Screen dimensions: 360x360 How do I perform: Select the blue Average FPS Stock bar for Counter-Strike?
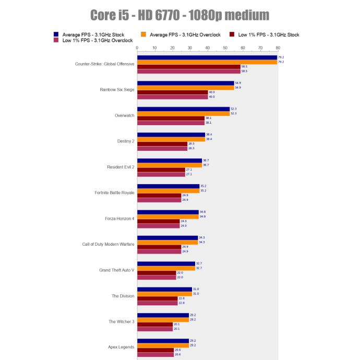(207, 57)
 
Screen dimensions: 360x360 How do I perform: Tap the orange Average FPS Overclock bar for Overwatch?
(183, 113)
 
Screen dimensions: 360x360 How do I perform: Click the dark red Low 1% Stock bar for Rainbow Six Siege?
(172, 92)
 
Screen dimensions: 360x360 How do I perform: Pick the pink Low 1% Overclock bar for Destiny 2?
(162, 148)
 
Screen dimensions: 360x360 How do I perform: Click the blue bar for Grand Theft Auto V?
(166, 263)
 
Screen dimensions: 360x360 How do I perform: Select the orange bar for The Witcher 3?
(163, 320)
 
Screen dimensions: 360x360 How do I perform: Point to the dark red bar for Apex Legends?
(155, 350)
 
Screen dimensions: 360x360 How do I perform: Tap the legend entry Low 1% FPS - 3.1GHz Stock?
(268, 34)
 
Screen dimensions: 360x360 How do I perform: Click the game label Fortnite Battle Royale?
(114, 193)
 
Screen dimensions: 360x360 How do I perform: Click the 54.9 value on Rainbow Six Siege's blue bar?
(238, 83)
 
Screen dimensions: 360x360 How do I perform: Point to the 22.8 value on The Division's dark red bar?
(182, 298)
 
